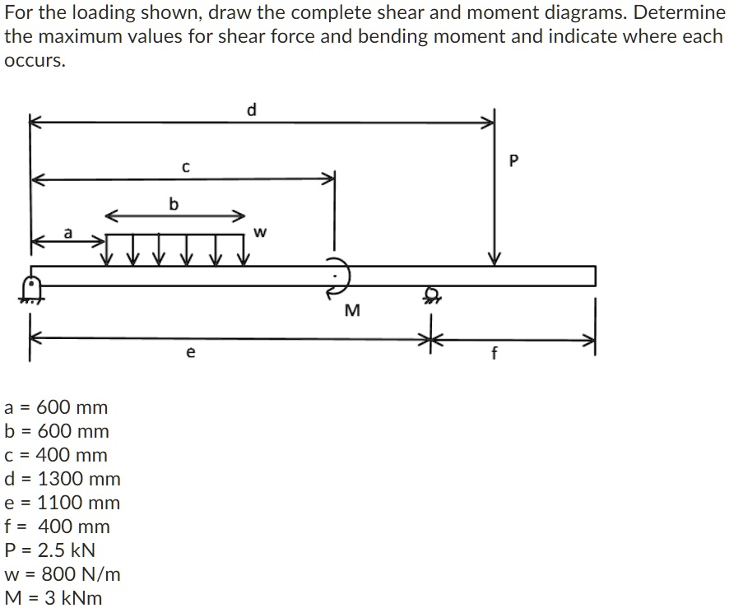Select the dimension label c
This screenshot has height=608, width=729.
pyautogui.click(x=186, y=167)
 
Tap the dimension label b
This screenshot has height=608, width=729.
pyautogui.click(x=173, y=203)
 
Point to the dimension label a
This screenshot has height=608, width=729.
pyautogui.click(x=69, y=234)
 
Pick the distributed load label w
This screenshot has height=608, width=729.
pyautogui.click(x=261, y=232)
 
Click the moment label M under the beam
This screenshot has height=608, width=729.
pyautogui.click(x=351, y=310)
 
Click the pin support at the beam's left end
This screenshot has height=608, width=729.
pyautogui.click(x=31, y=289)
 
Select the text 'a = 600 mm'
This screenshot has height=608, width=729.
pyautogui.click(x=56, y=407)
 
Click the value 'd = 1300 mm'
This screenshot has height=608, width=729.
pyautogui.click(x=63, y=479)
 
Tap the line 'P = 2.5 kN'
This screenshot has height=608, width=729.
pyautogui.click(x=50, y=550)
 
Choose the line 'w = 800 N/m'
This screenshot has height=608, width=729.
pyautogui.click(x=63, y=574)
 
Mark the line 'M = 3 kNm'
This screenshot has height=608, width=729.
pyautogui.click(x=53, y=598)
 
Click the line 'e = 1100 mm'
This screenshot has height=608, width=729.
pyautogui.click(x=63, y=503)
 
